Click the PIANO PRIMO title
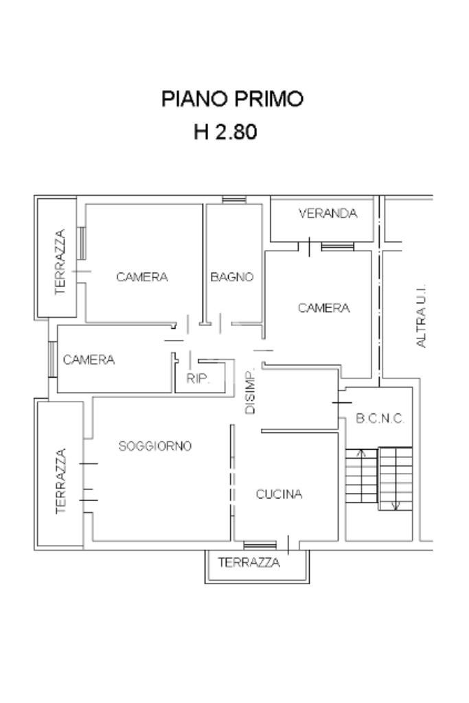click(x=232, y=99)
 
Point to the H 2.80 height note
click(x=225, y=132)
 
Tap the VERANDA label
click(x=328, y=214)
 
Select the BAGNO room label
click(x=232, y=277)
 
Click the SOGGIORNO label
click(x=155, y=446)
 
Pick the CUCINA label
click(x=279, y=494)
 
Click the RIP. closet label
click(x=198, y=379)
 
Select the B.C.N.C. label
click(x=380, y=419)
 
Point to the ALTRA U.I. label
click(x=421, y=316)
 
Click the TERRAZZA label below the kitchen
click(x=249, y=562)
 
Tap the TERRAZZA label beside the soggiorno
click(x=61, y=481)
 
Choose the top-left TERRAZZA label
click(x=60, y=262)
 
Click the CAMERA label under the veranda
click(x=323, y=308)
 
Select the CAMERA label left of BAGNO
click(x=142, y=277)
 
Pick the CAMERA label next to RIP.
click(x=89, y=360)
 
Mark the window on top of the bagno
click(x=235, y=200)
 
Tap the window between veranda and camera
click(x=338, y=246)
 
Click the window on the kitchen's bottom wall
click(x=260, y=545)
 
